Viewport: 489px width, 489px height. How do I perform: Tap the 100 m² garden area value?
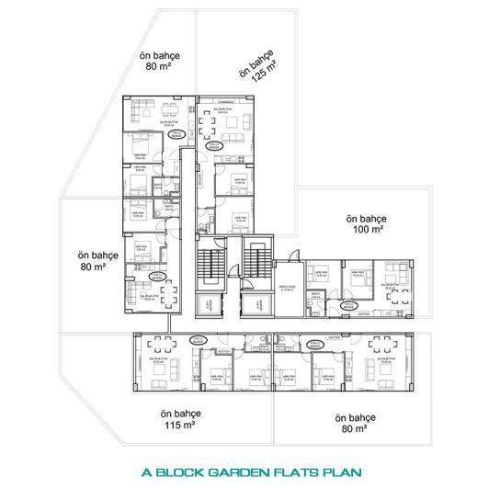coord(367,231)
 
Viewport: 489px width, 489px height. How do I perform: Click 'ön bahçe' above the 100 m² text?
coord(367,219)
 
